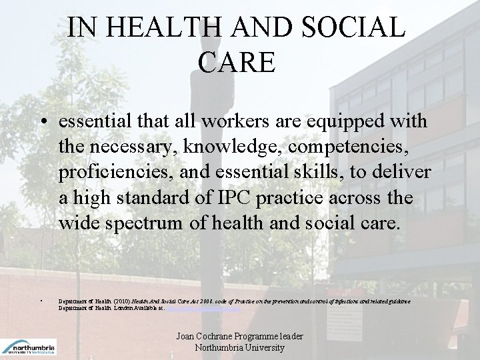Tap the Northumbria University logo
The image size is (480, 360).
29,346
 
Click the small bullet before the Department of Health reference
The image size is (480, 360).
41,301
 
